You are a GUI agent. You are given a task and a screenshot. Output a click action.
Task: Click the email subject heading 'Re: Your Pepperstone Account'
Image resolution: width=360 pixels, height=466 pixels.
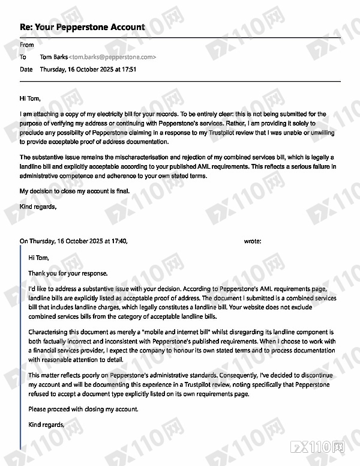point(82,27)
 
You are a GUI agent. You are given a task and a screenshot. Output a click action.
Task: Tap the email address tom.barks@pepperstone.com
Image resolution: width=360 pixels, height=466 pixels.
point(113,57)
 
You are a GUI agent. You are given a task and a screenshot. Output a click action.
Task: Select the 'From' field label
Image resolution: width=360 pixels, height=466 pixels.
point(27,45)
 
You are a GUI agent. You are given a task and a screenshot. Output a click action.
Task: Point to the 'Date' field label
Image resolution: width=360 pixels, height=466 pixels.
point(26,70)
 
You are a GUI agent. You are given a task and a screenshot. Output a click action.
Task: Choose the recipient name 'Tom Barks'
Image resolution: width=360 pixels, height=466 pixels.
point(54,57)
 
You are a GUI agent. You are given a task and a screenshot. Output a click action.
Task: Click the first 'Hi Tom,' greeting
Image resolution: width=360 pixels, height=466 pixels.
point(31,98)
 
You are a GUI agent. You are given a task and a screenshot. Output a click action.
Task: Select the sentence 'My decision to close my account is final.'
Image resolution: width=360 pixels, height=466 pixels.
point(74,192)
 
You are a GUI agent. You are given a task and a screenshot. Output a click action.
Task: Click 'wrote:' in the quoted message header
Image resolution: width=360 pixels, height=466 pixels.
point(253,241)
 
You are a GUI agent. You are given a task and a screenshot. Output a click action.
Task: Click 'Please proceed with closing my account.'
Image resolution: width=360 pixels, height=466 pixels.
point(83,410)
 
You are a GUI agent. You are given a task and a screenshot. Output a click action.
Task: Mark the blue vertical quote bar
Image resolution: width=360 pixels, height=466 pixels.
point(21,348)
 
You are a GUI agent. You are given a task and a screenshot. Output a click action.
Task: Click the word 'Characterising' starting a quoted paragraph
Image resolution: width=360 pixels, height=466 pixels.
point(50,332)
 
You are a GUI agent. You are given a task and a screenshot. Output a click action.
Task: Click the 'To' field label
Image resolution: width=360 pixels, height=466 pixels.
point(23,57)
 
